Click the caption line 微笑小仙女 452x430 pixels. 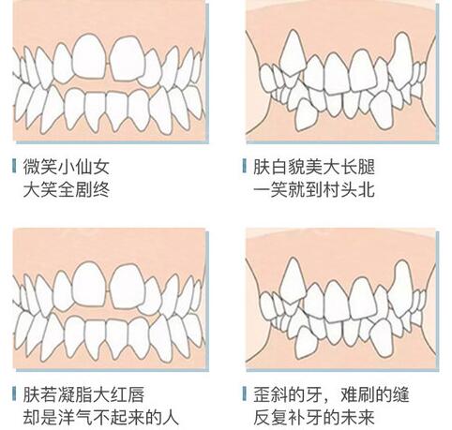tap(66, 167)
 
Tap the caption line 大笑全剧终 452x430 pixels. tap(66, 189)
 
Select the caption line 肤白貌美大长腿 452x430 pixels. tap(313, 167)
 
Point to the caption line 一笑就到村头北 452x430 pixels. tap(313, 189)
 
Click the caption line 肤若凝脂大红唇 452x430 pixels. tap(83, 394)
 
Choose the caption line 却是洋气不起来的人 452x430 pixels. tap(100, 417)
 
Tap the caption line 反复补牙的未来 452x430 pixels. tap(313, 417)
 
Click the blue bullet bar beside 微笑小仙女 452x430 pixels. tap(14, 166)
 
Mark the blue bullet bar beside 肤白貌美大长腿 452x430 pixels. tap(244, 166)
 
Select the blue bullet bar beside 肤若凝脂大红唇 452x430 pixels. tap(14, 393)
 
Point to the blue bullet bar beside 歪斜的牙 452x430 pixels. tap(244, 393)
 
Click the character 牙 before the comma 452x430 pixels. tap(313, 394)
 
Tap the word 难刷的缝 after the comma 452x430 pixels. tap(374, 394)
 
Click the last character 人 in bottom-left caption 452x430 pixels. tap(171, 417)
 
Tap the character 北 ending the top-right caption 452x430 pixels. tap(367, 189)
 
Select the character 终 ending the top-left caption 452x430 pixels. tap(101, 189)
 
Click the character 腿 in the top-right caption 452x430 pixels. tap(367, 167)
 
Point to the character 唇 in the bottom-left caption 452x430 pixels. tap(136, 394)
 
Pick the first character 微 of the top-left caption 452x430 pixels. tap(31, 167)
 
